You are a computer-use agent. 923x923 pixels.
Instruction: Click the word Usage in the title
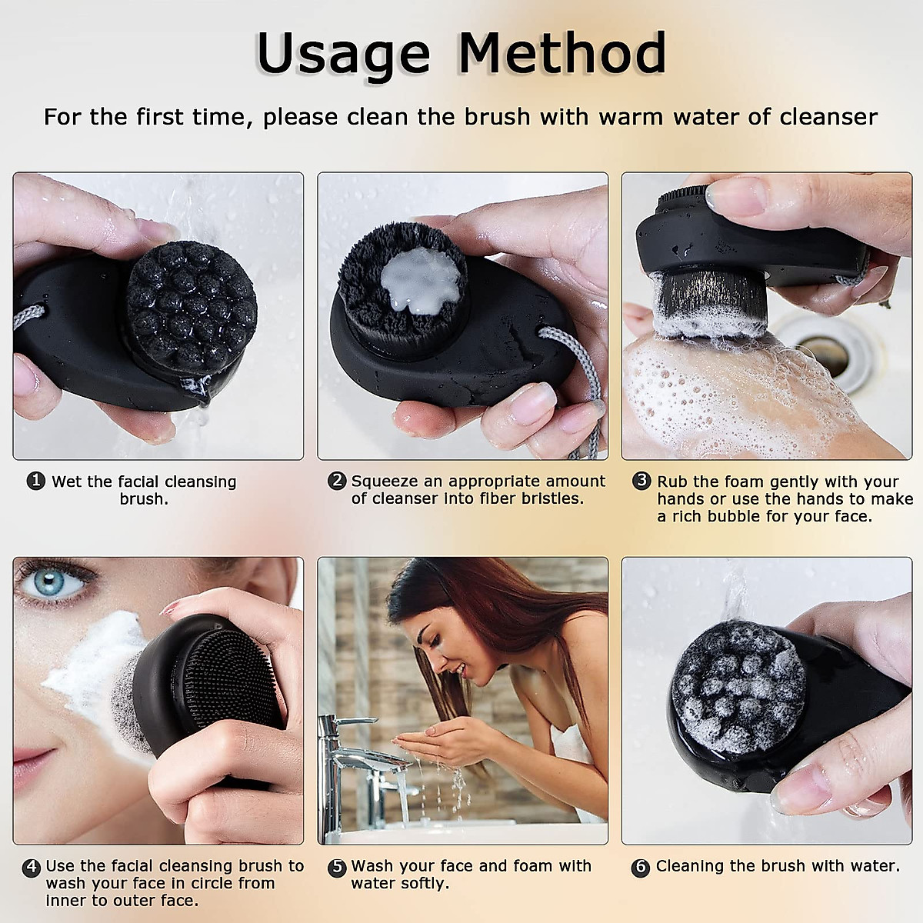[x=342, y=54]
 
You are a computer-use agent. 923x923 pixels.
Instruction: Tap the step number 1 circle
[x=35, y=481]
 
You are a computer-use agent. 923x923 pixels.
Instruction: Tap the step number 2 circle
[x=336, y=481]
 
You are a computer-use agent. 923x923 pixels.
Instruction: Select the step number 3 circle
[x=641, y=481]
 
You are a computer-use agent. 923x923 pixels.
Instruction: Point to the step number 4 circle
[x=31, y=867]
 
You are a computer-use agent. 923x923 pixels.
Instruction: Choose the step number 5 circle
[x=336, y=867]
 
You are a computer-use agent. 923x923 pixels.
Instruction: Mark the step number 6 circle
[x=640, y=867]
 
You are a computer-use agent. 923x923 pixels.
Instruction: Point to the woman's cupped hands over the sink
[x=431, y=742]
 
